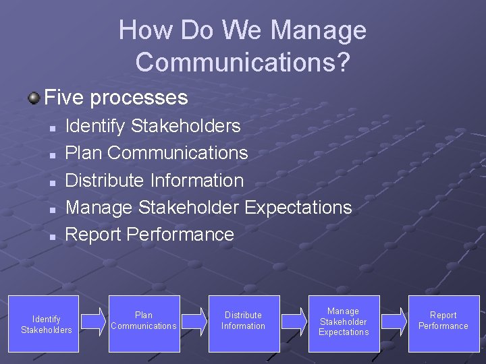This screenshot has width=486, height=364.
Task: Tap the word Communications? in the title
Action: coord(243,61)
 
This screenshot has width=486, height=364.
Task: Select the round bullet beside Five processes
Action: coord(33,99)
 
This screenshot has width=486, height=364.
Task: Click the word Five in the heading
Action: coord(64,98)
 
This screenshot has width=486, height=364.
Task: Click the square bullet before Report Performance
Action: coord(52,236)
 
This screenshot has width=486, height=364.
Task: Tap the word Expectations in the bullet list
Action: coord(298,208)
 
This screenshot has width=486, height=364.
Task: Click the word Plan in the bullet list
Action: coord(84,153)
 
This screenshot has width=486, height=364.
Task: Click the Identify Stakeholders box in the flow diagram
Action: coord(46,324)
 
